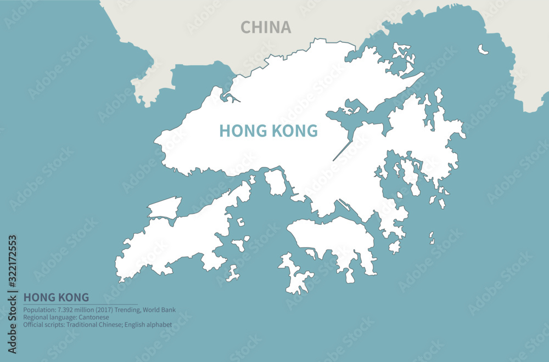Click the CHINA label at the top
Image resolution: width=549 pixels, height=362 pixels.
click(x=266, y=27)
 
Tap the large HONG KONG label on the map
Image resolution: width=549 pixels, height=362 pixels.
click(x=268, y=131)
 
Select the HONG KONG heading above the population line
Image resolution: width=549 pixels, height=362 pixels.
click(x=56, y=297)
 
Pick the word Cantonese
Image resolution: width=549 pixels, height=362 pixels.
click(x=93, y=317)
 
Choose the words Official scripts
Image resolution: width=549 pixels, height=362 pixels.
click(x=42, y=325)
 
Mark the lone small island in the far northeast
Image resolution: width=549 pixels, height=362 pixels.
click(x=483, y=49)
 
